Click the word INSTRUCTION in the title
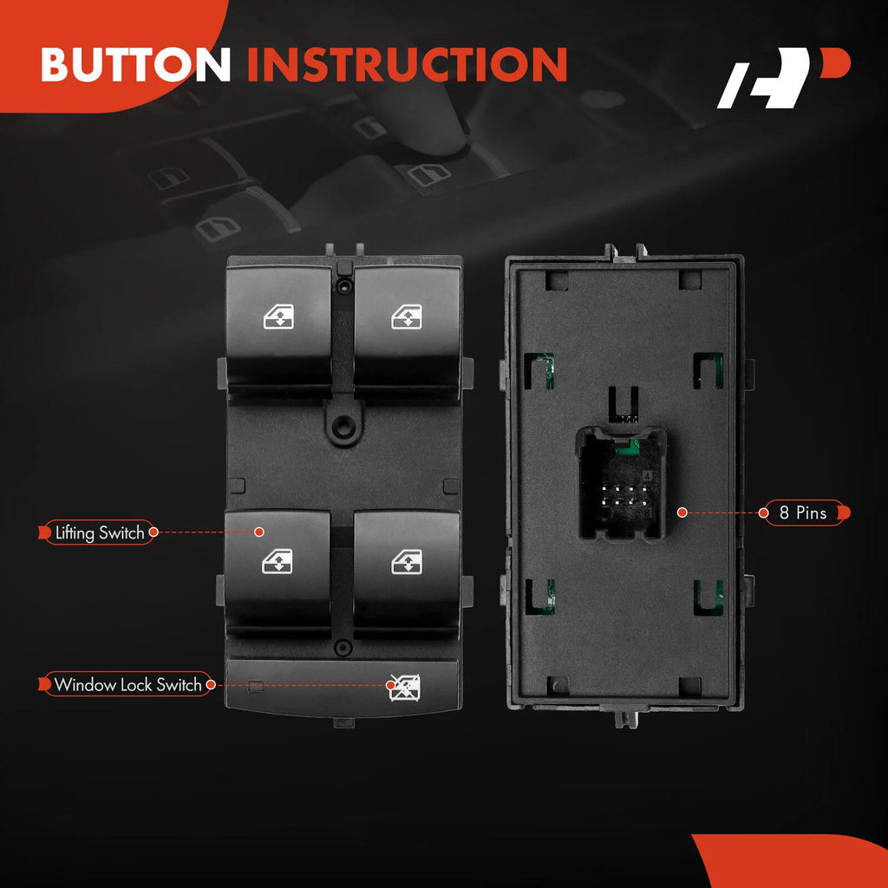[x=408, y=63]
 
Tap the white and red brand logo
[x=784, y=77]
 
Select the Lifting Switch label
[x=99, y=532]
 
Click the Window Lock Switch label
[x=127, y=684]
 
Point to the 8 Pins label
[x=804, y=513]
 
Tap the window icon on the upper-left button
[x=278, y=317]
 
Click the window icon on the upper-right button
[x=407, y=317]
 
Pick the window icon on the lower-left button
[x=277, y=561]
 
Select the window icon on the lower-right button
[x=407, y=561]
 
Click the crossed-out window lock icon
[x=405, y=687]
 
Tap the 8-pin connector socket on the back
[x=621, y=484]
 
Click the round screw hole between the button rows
[x=341, y=423]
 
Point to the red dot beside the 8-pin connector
[x=682, y=513]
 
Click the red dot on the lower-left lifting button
[x=258, y=532]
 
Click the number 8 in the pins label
[x=784, y=513]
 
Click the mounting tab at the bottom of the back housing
[x=626, y=718]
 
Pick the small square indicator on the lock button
[x=256, y=686]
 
